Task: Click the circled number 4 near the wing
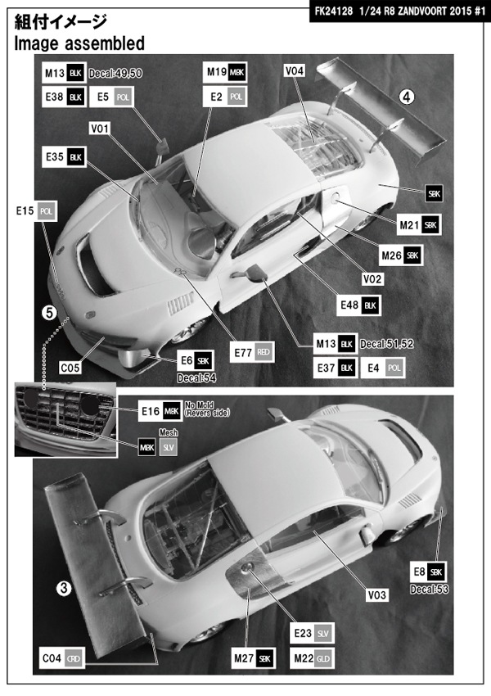[407, 97]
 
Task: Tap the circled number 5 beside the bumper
[49, 312]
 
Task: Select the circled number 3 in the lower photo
[64, 587]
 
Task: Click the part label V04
[295, 72]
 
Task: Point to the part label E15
[23, 211]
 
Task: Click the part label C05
[70, 368]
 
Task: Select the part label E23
[300, 634]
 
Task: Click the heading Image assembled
[79, 43]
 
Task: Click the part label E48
[348, 305]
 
